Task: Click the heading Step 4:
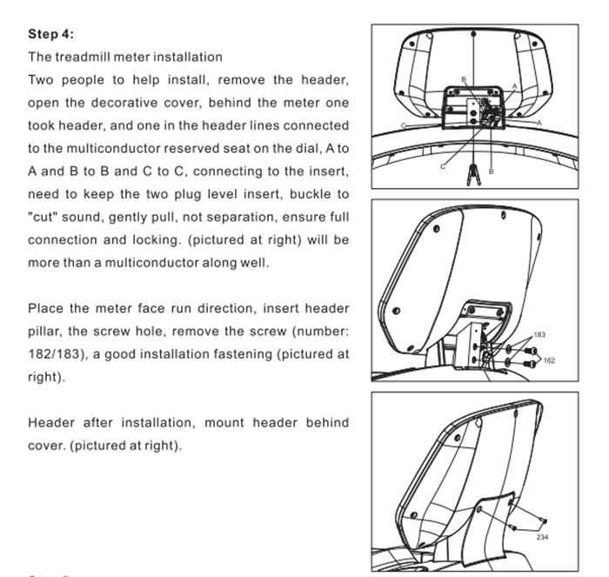coord(50,34)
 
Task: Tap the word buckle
coord(308,193)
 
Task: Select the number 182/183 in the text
coord(58,354)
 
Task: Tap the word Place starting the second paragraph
coord(44,309)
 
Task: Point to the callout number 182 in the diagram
coord(548,359)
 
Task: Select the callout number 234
coord(542,537)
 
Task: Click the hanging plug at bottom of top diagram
coord(474,173)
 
